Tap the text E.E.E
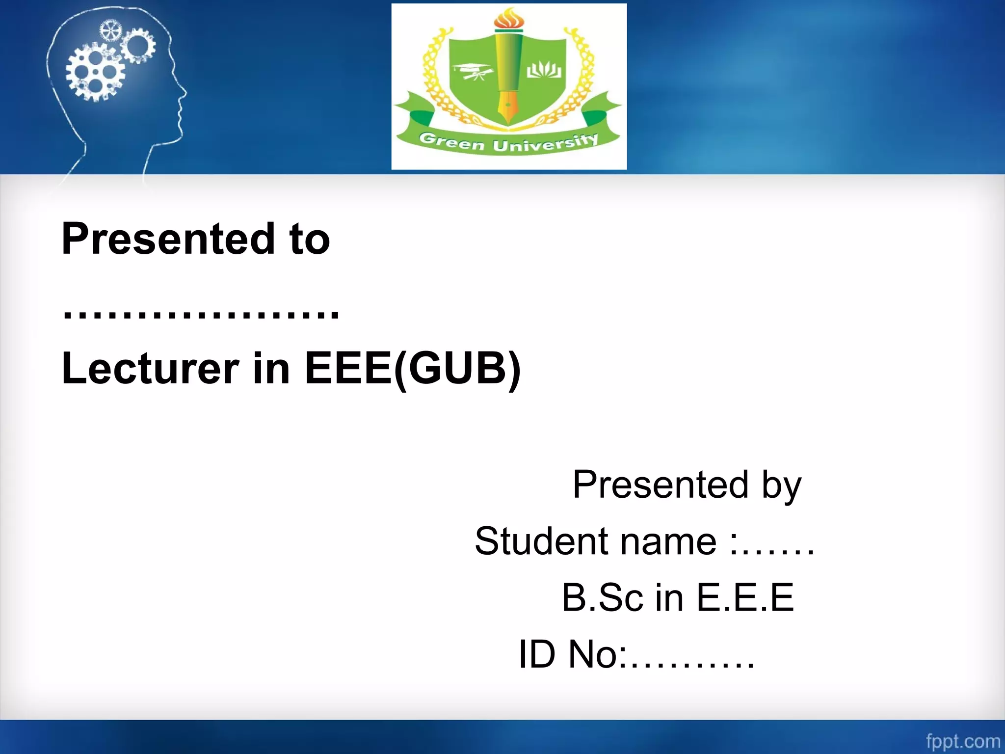click(x=745, y=598)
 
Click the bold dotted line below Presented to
click(x=201, y=312)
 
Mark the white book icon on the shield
click(x=544, y=70)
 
